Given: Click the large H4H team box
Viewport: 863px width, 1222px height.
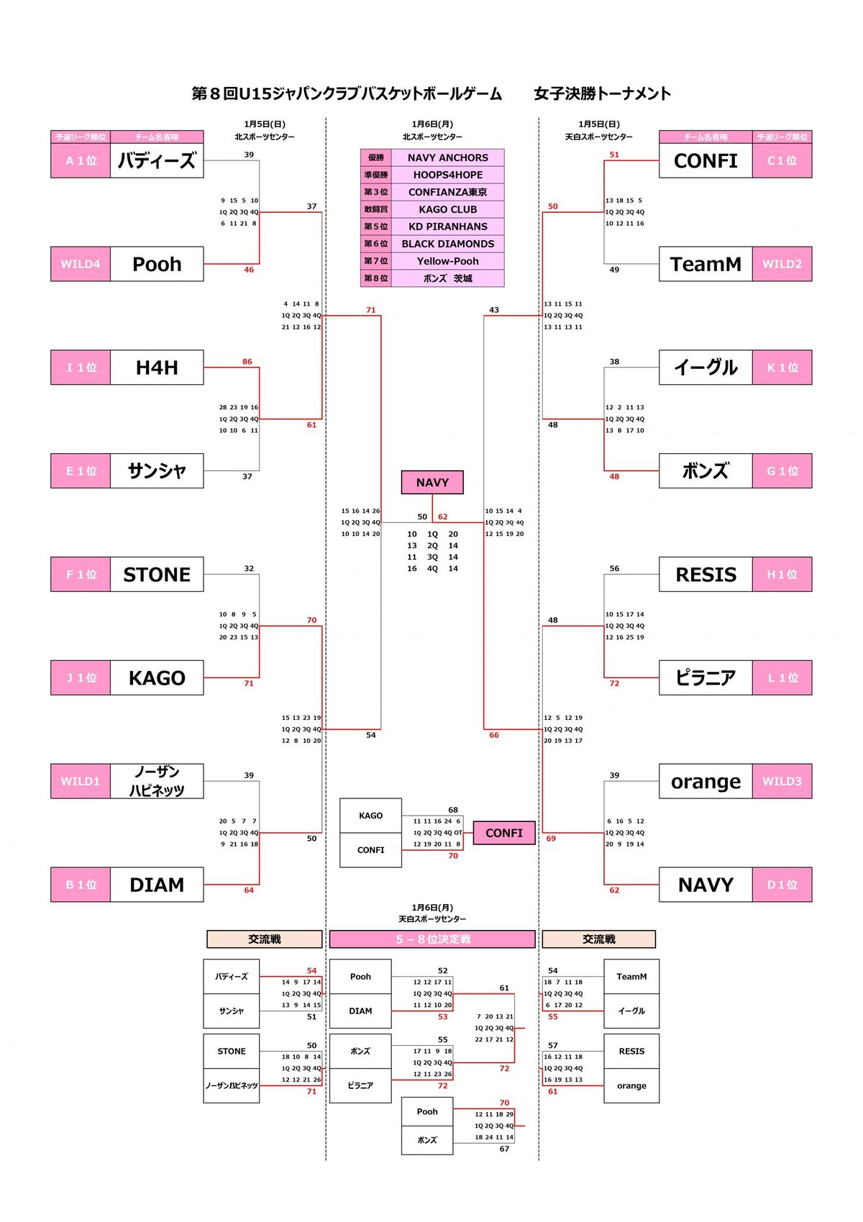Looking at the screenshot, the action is [x=157, y=367].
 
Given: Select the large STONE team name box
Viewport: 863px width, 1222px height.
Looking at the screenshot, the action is [x=157, y=574].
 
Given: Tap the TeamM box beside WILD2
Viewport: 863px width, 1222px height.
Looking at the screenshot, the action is [x=706, y=264].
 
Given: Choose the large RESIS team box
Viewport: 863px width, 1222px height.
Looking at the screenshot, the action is [x=706, y=574].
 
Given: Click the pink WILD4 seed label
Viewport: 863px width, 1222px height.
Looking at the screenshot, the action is [x=81, y=264].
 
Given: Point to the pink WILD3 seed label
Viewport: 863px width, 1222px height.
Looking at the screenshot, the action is [x=782, y=780].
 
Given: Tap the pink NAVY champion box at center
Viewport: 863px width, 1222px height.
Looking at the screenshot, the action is [x=432, y=482].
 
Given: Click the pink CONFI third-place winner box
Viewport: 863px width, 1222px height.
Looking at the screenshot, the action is [x=503, y=832].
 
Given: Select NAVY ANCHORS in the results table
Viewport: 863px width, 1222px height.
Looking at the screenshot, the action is [x=448, y=158].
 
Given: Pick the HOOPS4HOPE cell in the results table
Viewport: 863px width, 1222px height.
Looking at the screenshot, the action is [x=448, y=175].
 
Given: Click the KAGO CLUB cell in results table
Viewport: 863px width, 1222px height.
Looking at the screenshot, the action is [x=448, y=209].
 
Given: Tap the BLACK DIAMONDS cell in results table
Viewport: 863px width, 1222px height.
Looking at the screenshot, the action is [x=448, y=244].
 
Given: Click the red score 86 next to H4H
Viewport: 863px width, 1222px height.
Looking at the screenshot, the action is [x=247, y=361].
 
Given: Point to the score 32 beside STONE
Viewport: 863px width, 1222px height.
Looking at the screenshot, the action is [x=249, y=568].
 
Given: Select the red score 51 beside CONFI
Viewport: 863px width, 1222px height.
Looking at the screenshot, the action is [x=614, y=155].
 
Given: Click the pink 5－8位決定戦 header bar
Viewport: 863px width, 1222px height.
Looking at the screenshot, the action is [x=432, y=939].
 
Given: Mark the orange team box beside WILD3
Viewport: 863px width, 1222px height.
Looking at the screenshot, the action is [x=706, y=780].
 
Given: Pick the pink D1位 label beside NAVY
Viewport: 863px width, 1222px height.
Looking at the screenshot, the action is [x=782, y=884].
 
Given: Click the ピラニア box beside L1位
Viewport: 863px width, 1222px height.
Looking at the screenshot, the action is [x=706, y=678].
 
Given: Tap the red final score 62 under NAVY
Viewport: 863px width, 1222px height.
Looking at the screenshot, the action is [x=442, y=516].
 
